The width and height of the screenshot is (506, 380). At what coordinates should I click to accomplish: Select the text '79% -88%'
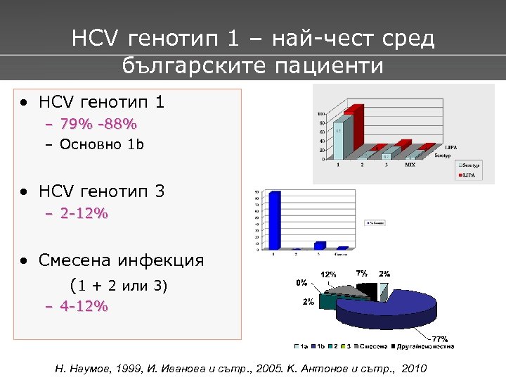click(x=98, y=124)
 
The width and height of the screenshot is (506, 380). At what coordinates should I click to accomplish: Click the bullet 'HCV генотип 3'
click(x=102, y=191)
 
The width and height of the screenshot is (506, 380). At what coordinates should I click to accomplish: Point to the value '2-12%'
click(x=84, y=213)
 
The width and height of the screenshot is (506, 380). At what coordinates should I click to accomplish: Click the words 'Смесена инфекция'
click(x=121, y=260)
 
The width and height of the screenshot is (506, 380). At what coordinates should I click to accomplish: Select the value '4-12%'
click(x=84, y=306)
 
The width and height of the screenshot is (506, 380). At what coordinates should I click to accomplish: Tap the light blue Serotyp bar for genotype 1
click(x=338, y=141)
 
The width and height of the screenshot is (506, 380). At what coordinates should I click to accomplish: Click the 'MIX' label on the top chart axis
click(x=410, y=164)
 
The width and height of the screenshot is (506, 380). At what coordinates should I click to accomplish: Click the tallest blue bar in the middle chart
click(x=274, y=220)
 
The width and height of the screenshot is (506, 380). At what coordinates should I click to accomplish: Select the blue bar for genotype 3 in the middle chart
click(x=320, y=245)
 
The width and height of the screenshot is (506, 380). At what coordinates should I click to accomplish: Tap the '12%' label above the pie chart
click(x=329, y=274)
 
